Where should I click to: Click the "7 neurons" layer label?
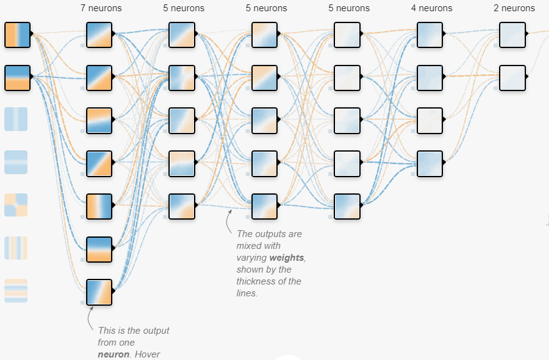pos(101,9)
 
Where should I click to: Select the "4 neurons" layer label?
pos(432,9)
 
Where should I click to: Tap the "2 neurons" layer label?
pos(514,9)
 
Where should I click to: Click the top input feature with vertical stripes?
pos(16,35)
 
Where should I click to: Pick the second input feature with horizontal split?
pos(16,77)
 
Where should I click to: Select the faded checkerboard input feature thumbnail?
pos(16,205)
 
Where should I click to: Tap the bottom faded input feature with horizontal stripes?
pos(16,290)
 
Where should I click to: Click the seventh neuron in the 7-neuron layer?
pos(99,292)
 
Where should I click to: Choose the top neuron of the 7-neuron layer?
pos(99,35)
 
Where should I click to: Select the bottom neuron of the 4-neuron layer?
pos(430,163)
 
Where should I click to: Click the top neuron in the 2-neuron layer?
pos(512,35)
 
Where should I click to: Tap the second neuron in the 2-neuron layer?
pos(512,77)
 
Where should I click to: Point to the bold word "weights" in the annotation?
pos(288,258)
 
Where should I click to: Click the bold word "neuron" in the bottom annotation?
pos(113,354)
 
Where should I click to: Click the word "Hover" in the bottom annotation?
pos(147,354)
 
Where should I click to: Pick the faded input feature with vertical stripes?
pos(16,248)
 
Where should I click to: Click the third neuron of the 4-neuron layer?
pos(430,120)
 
